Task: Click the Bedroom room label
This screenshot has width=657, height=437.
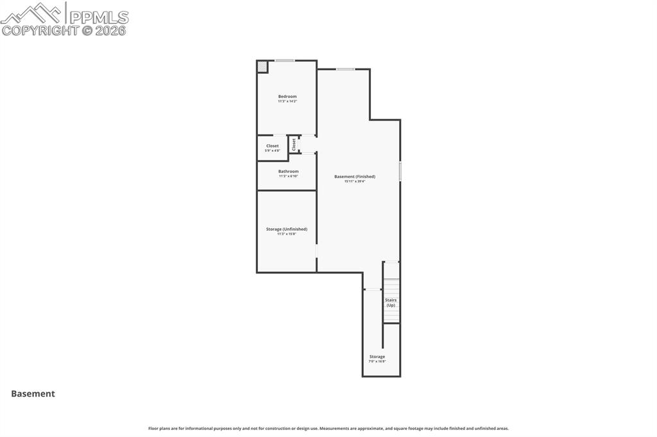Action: click(287, 96)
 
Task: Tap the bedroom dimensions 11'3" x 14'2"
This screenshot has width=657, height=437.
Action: click(287, 101)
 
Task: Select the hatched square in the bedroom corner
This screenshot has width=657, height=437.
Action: click(262, 67)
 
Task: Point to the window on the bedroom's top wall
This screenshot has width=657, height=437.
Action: click(285, 61)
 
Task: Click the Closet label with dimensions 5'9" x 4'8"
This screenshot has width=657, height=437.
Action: click(272, 146)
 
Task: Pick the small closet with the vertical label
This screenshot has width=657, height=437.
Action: click(294, 144)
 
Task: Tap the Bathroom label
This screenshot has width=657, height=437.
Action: click(288, 171)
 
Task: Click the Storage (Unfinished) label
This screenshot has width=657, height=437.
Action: click(286, 229)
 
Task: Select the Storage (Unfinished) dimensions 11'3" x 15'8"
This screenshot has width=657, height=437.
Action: click(286, 234)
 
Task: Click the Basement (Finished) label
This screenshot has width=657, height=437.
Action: click(354, 176)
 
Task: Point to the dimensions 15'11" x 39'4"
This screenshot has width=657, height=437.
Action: click(354, 181)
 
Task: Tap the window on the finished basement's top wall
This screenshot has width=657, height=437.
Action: click(345, 69)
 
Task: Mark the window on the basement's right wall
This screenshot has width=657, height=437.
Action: click(400, 171)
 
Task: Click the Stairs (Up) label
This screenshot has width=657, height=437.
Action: click(391, 302)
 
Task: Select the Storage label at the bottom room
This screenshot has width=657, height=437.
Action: click(377, 356)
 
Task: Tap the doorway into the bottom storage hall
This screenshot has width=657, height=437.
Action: click(372, 290)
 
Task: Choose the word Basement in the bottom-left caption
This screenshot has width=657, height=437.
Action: click(33, 394)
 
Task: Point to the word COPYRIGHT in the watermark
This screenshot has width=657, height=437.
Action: click(40, 30)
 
